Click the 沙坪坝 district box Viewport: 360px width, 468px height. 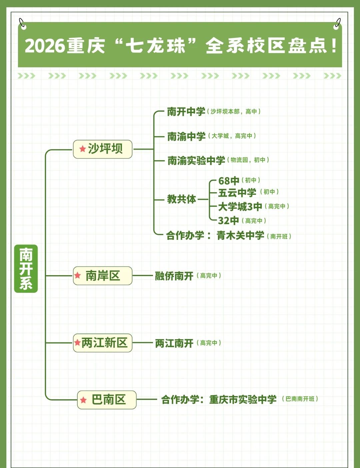pyautogui.click(x=103, y=149)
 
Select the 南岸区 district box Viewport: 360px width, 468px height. pyautogui.click(x=103, y=276)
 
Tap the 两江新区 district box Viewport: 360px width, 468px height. pyautogui.click(x=103, y=343)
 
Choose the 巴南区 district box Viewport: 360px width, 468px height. pyautogui.click(x=107, y=400)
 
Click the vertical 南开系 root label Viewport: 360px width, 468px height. pyautogui.click(x=26, y=269)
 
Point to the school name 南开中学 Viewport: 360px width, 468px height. pyautogui.click(x=186, y=111)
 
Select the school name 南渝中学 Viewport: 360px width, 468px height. pyautogui.click(x=186, y=136)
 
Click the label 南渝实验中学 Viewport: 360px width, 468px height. pyautogui.click(x=196, y=160)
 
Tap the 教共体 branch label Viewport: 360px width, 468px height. pyautogui.click(x=182, y=199)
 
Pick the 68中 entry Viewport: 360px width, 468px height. pyautogui.click(x=229, y=181)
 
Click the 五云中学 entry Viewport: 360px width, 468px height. pyautogui.click(x=237, y=192)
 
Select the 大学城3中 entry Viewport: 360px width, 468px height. pyautogui.click(x=240, y=207)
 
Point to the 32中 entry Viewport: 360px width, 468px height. pyautogui.click(x=228, y=220)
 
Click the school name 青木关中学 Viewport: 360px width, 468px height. pyautogui.click(x=240, y=236)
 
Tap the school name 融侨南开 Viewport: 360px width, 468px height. pyautogui.click(x=174, y=276)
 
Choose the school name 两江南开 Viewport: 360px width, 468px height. pyautogui.click(x=174, y=343)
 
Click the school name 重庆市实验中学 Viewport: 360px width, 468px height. pyautogui.click(x=243, y=399)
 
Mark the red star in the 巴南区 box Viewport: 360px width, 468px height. pyautogui.click(x=83, y=400)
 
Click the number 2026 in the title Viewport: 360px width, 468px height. pyautogui.click(x=45, y=46)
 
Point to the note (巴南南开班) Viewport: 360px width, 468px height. pyautogui.click(x=300, y=399)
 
